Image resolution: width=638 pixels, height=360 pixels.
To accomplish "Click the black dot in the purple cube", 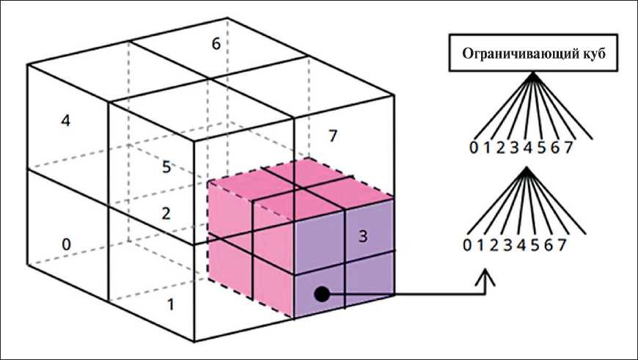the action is [320, 294].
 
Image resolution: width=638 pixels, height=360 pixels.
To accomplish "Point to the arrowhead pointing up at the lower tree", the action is [488, 276].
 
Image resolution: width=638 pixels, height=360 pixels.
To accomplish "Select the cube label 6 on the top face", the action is [216, 44].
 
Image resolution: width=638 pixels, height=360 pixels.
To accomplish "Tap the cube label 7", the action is [333, 136].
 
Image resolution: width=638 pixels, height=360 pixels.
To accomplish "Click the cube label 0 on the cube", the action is [66, 244].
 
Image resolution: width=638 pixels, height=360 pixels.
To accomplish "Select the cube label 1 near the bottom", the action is [170, 302].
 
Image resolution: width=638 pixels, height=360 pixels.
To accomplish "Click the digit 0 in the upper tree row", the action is [475, 147].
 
